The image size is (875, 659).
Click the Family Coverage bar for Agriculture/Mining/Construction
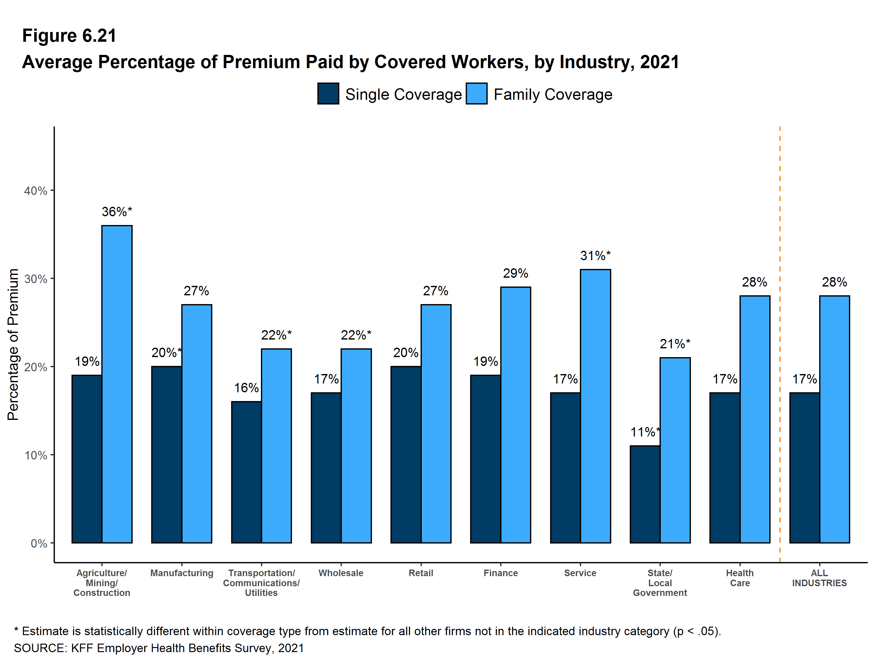pyautogui.click(x=117, y=384)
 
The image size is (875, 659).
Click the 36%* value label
pyautogui.click(x=117, y=212)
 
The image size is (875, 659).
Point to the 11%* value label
pyautogui.click(x=645, y=432)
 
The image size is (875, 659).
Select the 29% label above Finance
pyautogui.click(x=515, y=273)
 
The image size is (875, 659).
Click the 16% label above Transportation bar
pyautogui.click(x=246, y=388)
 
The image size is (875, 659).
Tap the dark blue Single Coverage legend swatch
pyautogui.click(x=328, y=94)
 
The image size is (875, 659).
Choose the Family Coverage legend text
pyautogui.click(x=553, y=94)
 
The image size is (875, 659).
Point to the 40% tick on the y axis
pyautogui.click(x=36, y=191)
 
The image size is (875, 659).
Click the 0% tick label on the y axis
pyautogui.click(x=39, y=544)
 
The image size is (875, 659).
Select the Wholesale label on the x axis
pyautogui.click(x=341, y=573)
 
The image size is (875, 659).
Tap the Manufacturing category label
pyautogui.click(x=182, y=573)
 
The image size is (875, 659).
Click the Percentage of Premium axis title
pyautogui.click(x=13, y=344)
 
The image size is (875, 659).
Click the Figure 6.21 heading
pyautogui.click(x=69, y=36)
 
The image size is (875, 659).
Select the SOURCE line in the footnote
pyautogui.click(x=159, y=648)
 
